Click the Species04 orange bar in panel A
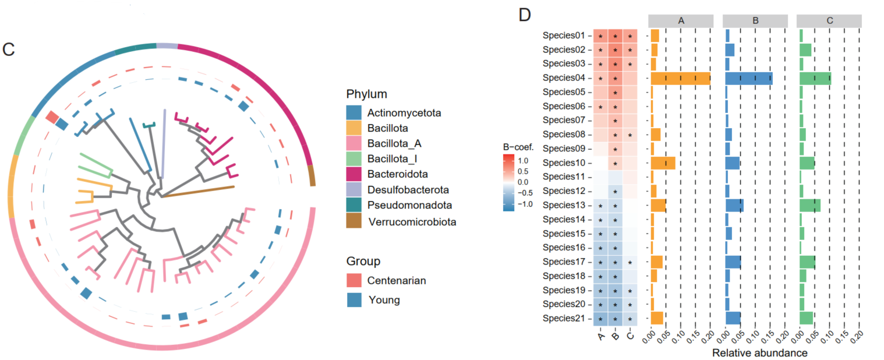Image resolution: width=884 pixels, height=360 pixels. pyautogui.click(x=680, y=78)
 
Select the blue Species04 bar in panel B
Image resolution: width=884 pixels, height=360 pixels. pyautogui.click(x=749, y=78)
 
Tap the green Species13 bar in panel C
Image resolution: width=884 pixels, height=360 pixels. pyautogui.click(x=810, y=206)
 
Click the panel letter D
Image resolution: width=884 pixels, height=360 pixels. pyautogui.click(x=524, y=15)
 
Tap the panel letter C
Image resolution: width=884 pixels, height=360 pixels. pyautogui.click(x=8, y=49)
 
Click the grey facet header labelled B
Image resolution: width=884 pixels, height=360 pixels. pyautogui.click(x=755, y=20)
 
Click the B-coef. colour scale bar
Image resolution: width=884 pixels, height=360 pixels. pyautogui.click(x=509, y=182)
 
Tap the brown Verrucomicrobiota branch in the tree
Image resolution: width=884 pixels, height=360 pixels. pyautogui.click(x=198, y=192)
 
